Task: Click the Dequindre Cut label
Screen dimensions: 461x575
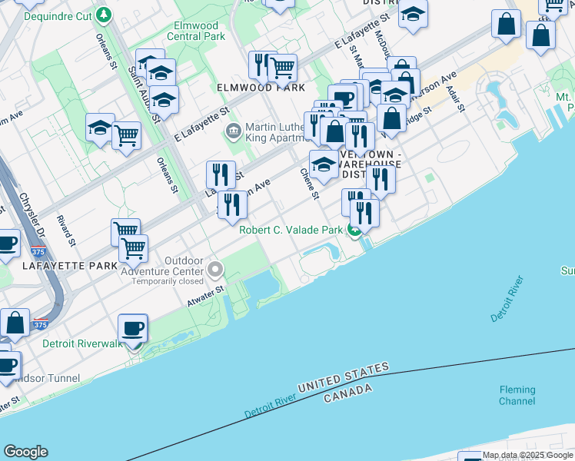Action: [58, 15]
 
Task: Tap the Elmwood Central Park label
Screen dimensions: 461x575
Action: [196, 31]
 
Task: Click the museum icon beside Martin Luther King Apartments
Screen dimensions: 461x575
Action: [232, 131]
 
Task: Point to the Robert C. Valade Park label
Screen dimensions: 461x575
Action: [290, 230]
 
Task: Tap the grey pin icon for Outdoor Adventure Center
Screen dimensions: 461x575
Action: [216, 270]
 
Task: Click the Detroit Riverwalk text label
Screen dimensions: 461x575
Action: [82, 343]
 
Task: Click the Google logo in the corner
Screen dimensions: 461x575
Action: [25, 452]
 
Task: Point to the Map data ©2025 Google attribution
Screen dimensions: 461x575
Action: [528, 456]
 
